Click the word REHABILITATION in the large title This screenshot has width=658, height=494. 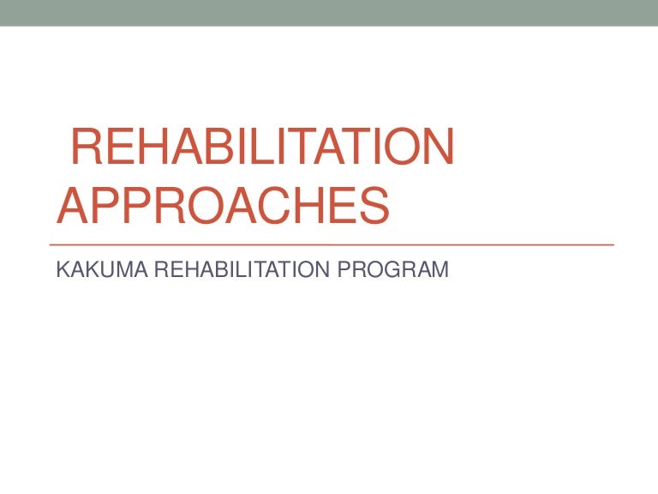click(x=261, y=148)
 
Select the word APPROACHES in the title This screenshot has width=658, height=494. click(x=223, y=206)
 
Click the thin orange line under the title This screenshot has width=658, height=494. click(x=334, y=245)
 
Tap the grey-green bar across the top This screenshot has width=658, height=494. click(x=329, y=13)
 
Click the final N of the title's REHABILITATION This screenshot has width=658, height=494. click(x=434, y=148)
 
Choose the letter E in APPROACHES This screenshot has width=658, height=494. click(x=340, y=206)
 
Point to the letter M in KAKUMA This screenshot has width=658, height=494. click(x=110, y=269)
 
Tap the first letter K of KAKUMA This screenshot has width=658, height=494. click(x=61, y=269)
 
